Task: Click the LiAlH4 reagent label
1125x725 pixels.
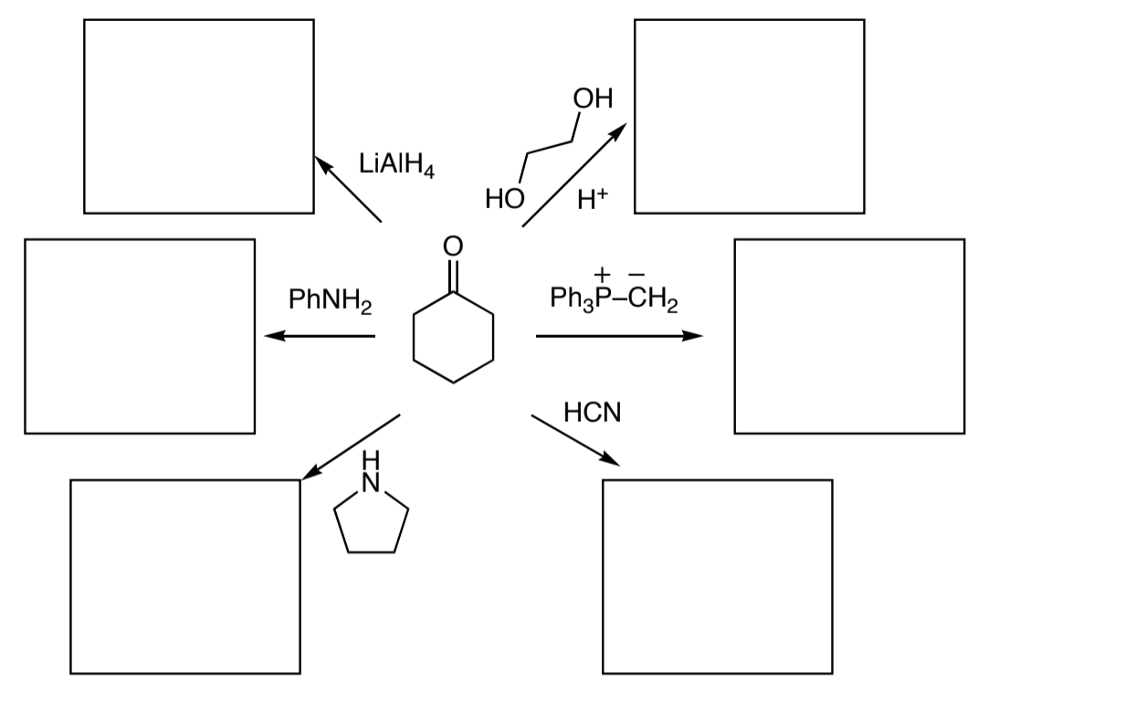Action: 396,164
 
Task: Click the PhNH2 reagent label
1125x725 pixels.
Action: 330,299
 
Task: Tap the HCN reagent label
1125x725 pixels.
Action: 592,413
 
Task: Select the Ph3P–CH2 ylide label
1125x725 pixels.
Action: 614,299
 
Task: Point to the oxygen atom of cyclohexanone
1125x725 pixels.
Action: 453,247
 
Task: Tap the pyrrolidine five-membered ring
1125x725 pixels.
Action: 371,523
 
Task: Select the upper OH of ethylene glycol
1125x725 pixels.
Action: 593,98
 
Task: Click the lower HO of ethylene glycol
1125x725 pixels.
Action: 504,198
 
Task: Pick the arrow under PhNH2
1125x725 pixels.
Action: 320,337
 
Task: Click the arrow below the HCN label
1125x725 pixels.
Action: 575,441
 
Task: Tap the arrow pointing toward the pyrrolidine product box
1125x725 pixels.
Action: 351,447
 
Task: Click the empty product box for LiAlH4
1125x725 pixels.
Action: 198,116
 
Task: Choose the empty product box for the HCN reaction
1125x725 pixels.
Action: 717,576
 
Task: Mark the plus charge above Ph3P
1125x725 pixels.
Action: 602,273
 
